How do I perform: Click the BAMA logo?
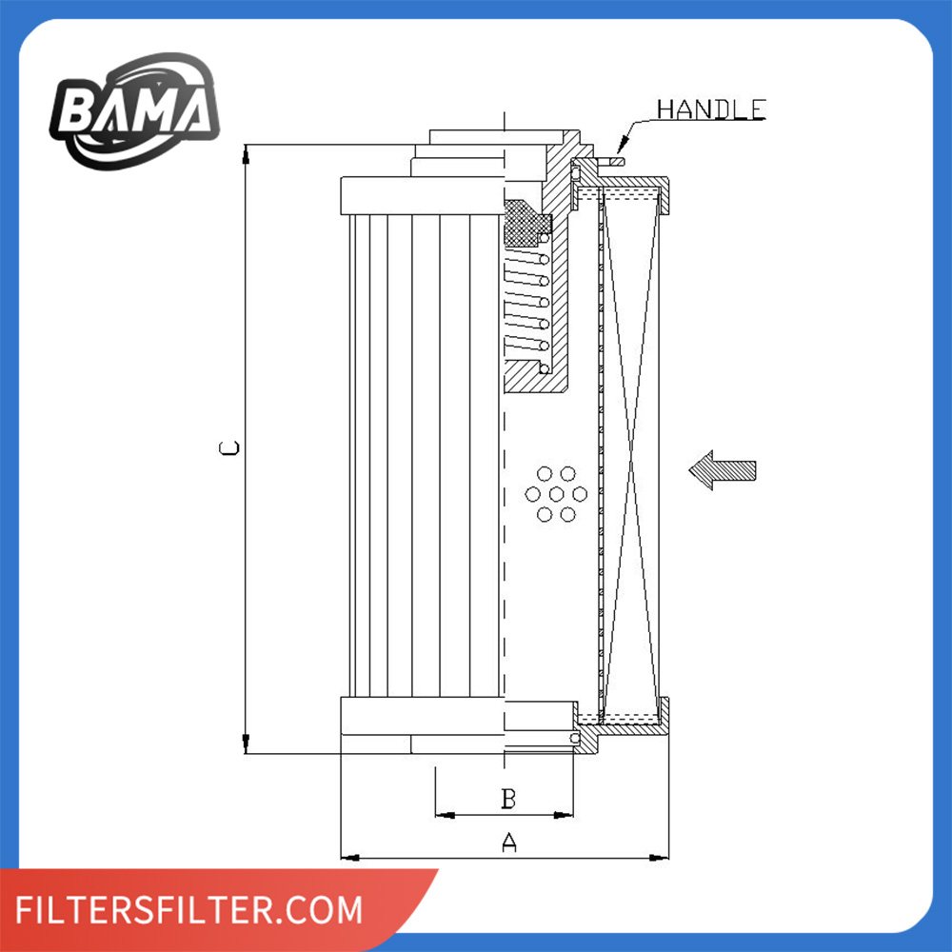pyautogui.click(x=134, y=111)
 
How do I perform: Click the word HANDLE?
pyautogui.click(x=711, y=109)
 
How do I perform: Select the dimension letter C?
pyautogui.click(x=229, y=448)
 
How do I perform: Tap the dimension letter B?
pyautogui.click(x=508, y=799)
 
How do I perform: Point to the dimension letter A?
pyautogui.click(x=508, y=843)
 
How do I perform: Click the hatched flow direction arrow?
pyautogui.click(x=722, y=470)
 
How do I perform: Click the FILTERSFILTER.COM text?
pyautogui.click(x=188, y=909)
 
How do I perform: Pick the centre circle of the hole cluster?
pyautogui.click(x=556, y=494)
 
